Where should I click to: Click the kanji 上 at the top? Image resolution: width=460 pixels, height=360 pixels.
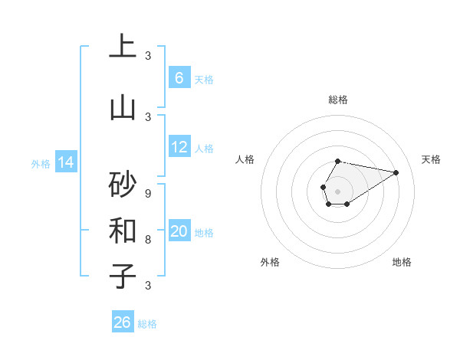click(x=123, y=47)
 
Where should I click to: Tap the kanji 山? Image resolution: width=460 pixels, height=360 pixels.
click(x=123, y=108)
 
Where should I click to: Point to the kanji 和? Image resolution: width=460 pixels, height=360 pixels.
click(x=123, y=230)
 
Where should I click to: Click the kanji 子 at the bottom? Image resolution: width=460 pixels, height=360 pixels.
click(x=123, y=276)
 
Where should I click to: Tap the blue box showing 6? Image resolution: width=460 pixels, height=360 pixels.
click(x=179, y=78)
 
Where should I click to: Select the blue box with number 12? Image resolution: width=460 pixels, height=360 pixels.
click(x=179, y=147)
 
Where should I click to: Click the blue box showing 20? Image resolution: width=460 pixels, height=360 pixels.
click(x=179, y=231)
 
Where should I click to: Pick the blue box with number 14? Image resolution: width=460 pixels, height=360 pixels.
click(x=66, y=162)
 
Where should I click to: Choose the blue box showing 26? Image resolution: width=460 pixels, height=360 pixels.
click(x=123, y=322)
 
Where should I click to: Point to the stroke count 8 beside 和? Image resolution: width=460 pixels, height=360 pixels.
click(x=148, y=239)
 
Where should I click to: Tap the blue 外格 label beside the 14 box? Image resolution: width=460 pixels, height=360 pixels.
click(x=41, y=163)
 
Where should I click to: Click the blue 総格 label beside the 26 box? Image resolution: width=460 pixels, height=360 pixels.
click(x=147, y=324)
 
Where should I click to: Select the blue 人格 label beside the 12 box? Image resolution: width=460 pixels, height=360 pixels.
click(x=204, y=149)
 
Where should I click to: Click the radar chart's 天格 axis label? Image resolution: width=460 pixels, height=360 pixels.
click(x=431, y=159)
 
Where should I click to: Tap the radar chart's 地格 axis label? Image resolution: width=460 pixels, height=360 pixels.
click(x=402, y=262)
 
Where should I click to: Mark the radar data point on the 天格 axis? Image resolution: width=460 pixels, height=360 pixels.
click(x=396, y=172)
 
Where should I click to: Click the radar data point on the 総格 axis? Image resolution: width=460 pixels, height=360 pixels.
click(x=337, y=161)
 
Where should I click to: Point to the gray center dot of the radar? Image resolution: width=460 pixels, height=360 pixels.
click(x=337, y=191)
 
